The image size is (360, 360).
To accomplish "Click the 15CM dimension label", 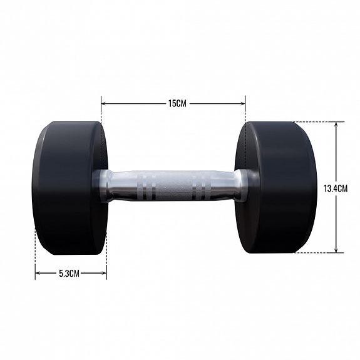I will coord(177,103).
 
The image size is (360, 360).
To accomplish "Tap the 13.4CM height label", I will coord(336,187).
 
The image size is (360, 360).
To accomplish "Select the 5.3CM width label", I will coord(69,273).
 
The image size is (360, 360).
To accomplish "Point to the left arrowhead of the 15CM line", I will coord(103,103).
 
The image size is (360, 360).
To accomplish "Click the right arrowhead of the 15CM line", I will coord(243,103).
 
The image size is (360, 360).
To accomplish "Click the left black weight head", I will coord(66,188).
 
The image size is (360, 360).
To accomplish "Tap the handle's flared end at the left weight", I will coord(103,186).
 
